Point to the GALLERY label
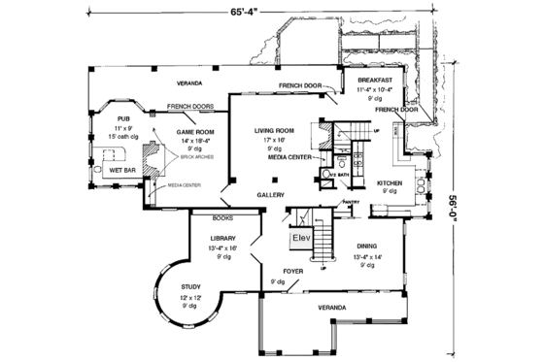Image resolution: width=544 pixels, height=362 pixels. pos(270,195)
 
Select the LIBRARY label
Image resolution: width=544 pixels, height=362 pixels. pos(223,238)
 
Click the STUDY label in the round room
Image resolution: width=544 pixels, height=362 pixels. pos(191,286)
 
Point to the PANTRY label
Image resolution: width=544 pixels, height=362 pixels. pos(350,203)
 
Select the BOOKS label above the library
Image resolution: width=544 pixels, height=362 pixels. pos(221,218)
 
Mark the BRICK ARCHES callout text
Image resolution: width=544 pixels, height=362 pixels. pos(185,156)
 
